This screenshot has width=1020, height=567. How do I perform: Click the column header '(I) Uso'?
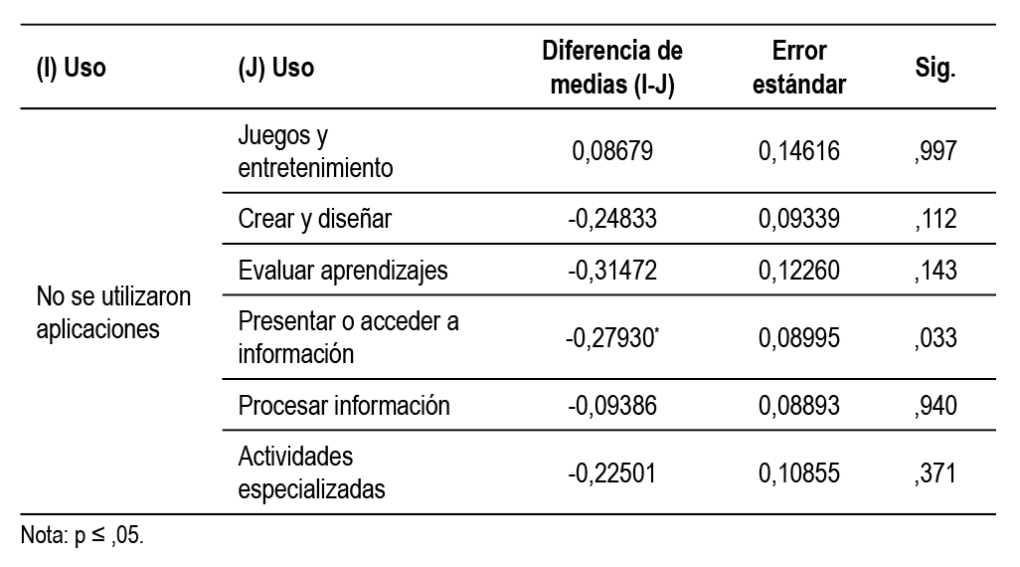(71, 69)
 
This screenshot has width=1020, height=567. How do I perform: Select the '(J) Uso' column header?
(276, 69)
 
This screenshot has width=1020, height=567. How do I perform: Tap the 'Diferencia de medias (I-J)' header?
(612, 68)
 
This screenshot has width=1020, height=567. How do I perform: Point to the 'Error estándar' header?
(798, 68)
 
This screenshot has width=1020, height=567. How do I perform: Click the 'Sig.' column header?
(935, 69)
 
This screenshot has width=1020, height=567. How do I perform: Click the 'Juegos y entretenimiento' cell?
(315, 151)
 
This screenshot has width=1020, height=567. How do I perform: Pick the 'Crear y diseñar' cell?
(315, 219)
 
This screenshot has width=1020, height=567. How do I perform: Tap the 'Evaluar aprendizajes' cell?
(343, 271)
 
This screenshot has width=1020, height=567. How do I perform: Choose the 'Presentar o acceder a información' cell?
(348, 337)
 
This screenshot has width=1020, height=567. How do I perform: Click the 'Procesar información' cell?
(344, 406)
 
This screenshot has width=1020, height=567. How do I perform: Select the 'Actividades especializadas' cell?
(310, 472)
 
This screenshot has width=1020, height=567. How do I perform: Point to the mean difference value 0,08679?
(612, 151)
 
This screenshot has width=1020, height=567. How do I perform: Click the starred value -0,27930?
(614, 337)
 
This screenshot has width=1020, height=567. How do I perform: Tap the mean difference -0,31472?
(612, 271)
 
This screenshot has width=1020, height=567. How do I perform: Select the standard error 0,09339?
(798, 219)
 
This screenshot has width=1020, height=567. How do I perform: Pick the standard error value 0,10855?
(798, 472)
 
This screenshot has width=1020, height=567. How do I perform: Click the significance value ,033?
(935, 337)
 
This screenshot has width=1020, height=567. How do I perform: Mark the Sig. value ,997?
(935, 151)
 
